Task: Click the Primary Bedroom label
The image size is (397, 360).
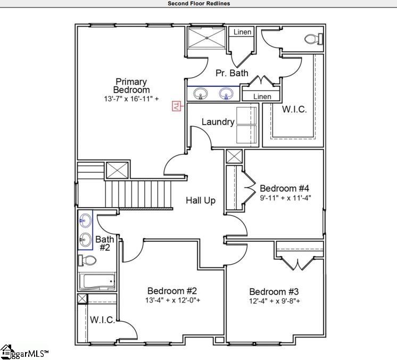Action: (x=131, y=86)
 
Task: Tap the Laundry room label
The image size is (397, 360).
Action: (x=218, y=122)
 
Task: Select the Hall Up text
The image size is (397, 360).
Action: (x=201, y=200)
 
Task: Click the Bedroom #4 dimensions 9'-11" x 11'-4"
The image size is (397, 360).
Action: (x=285, y=198)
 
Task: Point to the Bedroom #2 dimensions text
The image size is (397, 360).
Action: (x=172, y=300)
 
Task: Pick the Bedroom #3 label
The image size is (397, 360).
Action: (x=274, y=292)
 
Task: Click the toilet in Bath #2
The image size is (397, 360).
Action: (x=87, y=261)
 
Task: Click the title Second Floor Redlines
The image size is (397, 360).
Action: (x=199, y=3)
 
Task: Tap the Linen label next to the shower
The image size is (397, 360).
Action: (x=242, y=32)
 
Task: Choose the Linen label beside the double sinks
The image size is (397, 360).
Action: (x=262, y=96)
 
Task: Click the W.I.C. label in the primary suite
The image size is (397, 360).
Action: (x=294, y=109)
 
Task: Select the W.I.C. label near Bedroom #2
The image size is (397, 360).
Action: (x=102, y=320)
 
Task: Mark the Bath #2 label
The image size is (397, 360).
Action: (x=105, y=243)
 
